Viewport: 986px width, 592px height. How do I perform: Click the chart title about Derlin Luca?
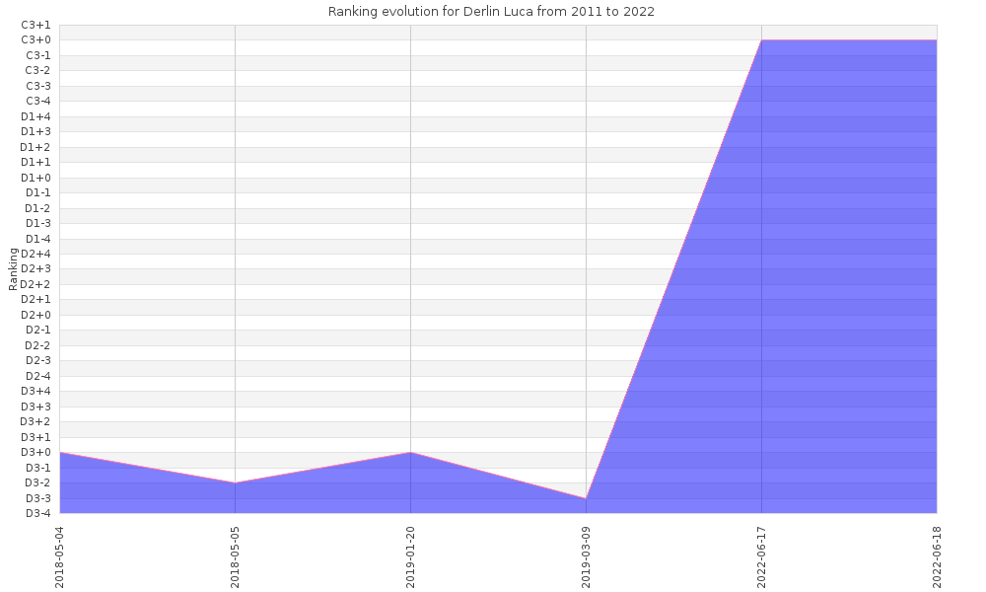pos(491,12)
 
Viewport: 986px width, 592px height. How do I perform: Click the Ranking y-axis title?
pos(13,268)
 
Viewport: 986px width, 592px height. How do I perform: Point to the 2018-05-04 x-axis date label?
pos(60,555)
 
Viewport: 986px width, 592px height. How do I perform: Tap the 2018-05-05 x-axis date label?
pos(236,555)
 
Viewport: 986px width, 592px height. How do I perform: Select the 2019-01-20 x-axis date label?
pos(411,555)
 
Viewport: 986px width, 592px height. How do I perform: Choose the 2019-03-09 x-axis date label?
pos(587,555)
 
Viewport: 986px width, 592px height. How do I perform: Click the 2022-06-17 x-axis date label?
pos(762,555)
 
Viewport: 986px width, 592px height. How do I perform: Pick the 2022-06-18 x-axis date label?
pos(938,555)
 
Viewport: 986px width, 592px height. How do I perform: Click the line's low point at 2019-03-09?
pos(586,498)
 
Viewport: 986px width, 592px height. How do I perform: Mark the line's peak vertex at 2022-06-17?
pos(761,40)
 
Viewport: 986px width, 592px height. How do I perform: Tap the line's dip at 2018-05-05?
pos(235,482)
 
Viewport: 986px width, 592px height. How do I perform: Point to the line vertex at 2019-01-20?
pos(410,452)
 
